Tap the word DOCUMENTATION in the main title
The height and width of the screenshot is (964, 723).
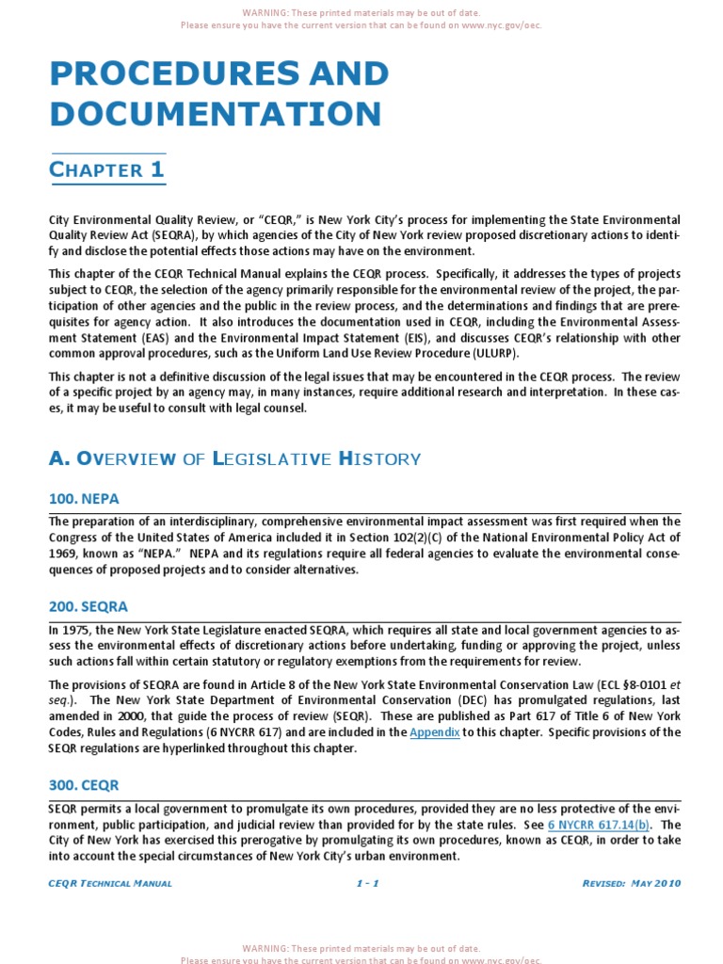click(x=216, y=113)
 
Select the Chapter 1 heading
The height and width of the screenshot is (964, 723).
click(x=106, y=170)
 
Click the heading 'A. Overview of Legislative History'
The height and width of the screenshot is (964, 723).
click(x=234, y=458)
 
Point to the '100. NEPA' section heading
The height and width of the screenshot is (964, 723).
click(x=84, y=498)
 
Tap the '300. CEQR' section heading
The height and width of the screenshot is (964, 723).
click(x=84, y=784)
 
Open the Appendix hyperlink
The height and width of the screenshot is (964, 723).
click(x=434, y=731)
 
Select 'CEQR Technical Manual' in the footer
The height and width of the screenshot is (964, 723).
click(x=110, y=883)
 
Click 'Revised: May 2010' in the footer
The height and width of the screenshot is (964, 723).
click(x=632, y=883)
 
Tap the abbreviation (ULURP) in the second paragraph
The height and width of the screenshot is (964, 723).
click(x=490, y=353)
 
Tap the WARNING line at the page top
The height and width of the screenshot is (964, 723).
click(x=361, y=13)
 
